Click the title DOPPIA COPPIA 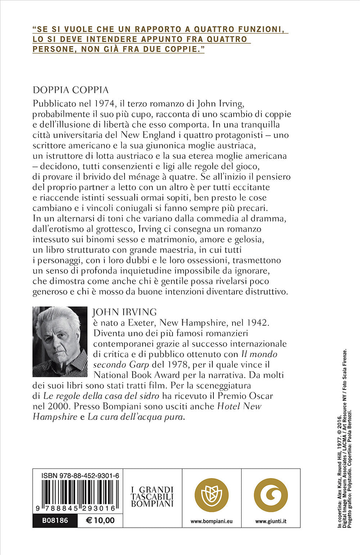point(71,90)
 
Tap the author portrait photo point(60,342)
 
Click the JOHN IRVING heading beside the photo point(125,312)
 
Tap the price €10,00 point(100,520)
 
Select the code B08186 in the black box point(55,520)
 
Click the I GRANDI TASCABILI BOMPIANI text point(152,497)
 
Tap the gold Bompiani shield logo point(211,495)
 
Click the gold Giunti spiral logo point(271,495)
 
